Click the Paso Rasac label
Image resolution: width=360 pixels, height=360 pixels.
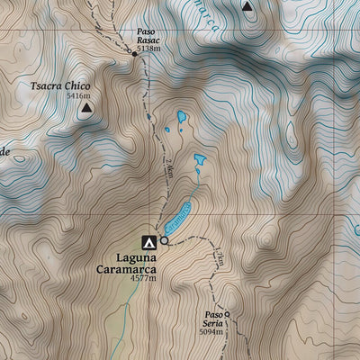(147, 35)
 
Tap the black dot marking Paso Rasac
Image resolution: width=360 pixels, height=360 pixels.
(134, 54)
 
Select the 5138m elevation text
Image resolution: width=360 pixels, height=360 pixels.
(148, 49)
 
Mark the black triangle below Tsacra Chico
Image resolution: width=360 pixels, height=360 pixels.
(86, 109)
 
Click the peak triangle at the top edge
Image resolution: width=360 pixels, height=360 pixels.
(247, 5)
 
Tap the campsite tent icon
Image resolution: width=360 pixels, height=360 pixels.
(148, 241)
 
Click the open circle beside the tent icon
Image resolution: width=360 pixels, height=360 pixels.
(164, 240)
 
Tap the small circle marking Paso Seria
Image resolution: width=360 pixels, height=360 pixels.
(227, 314)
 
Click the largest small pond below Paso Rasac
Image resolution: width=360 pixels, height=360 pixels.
(182, 116)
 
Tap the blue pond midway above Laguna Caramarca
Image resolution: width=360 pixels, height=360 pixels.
(199, 163)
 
